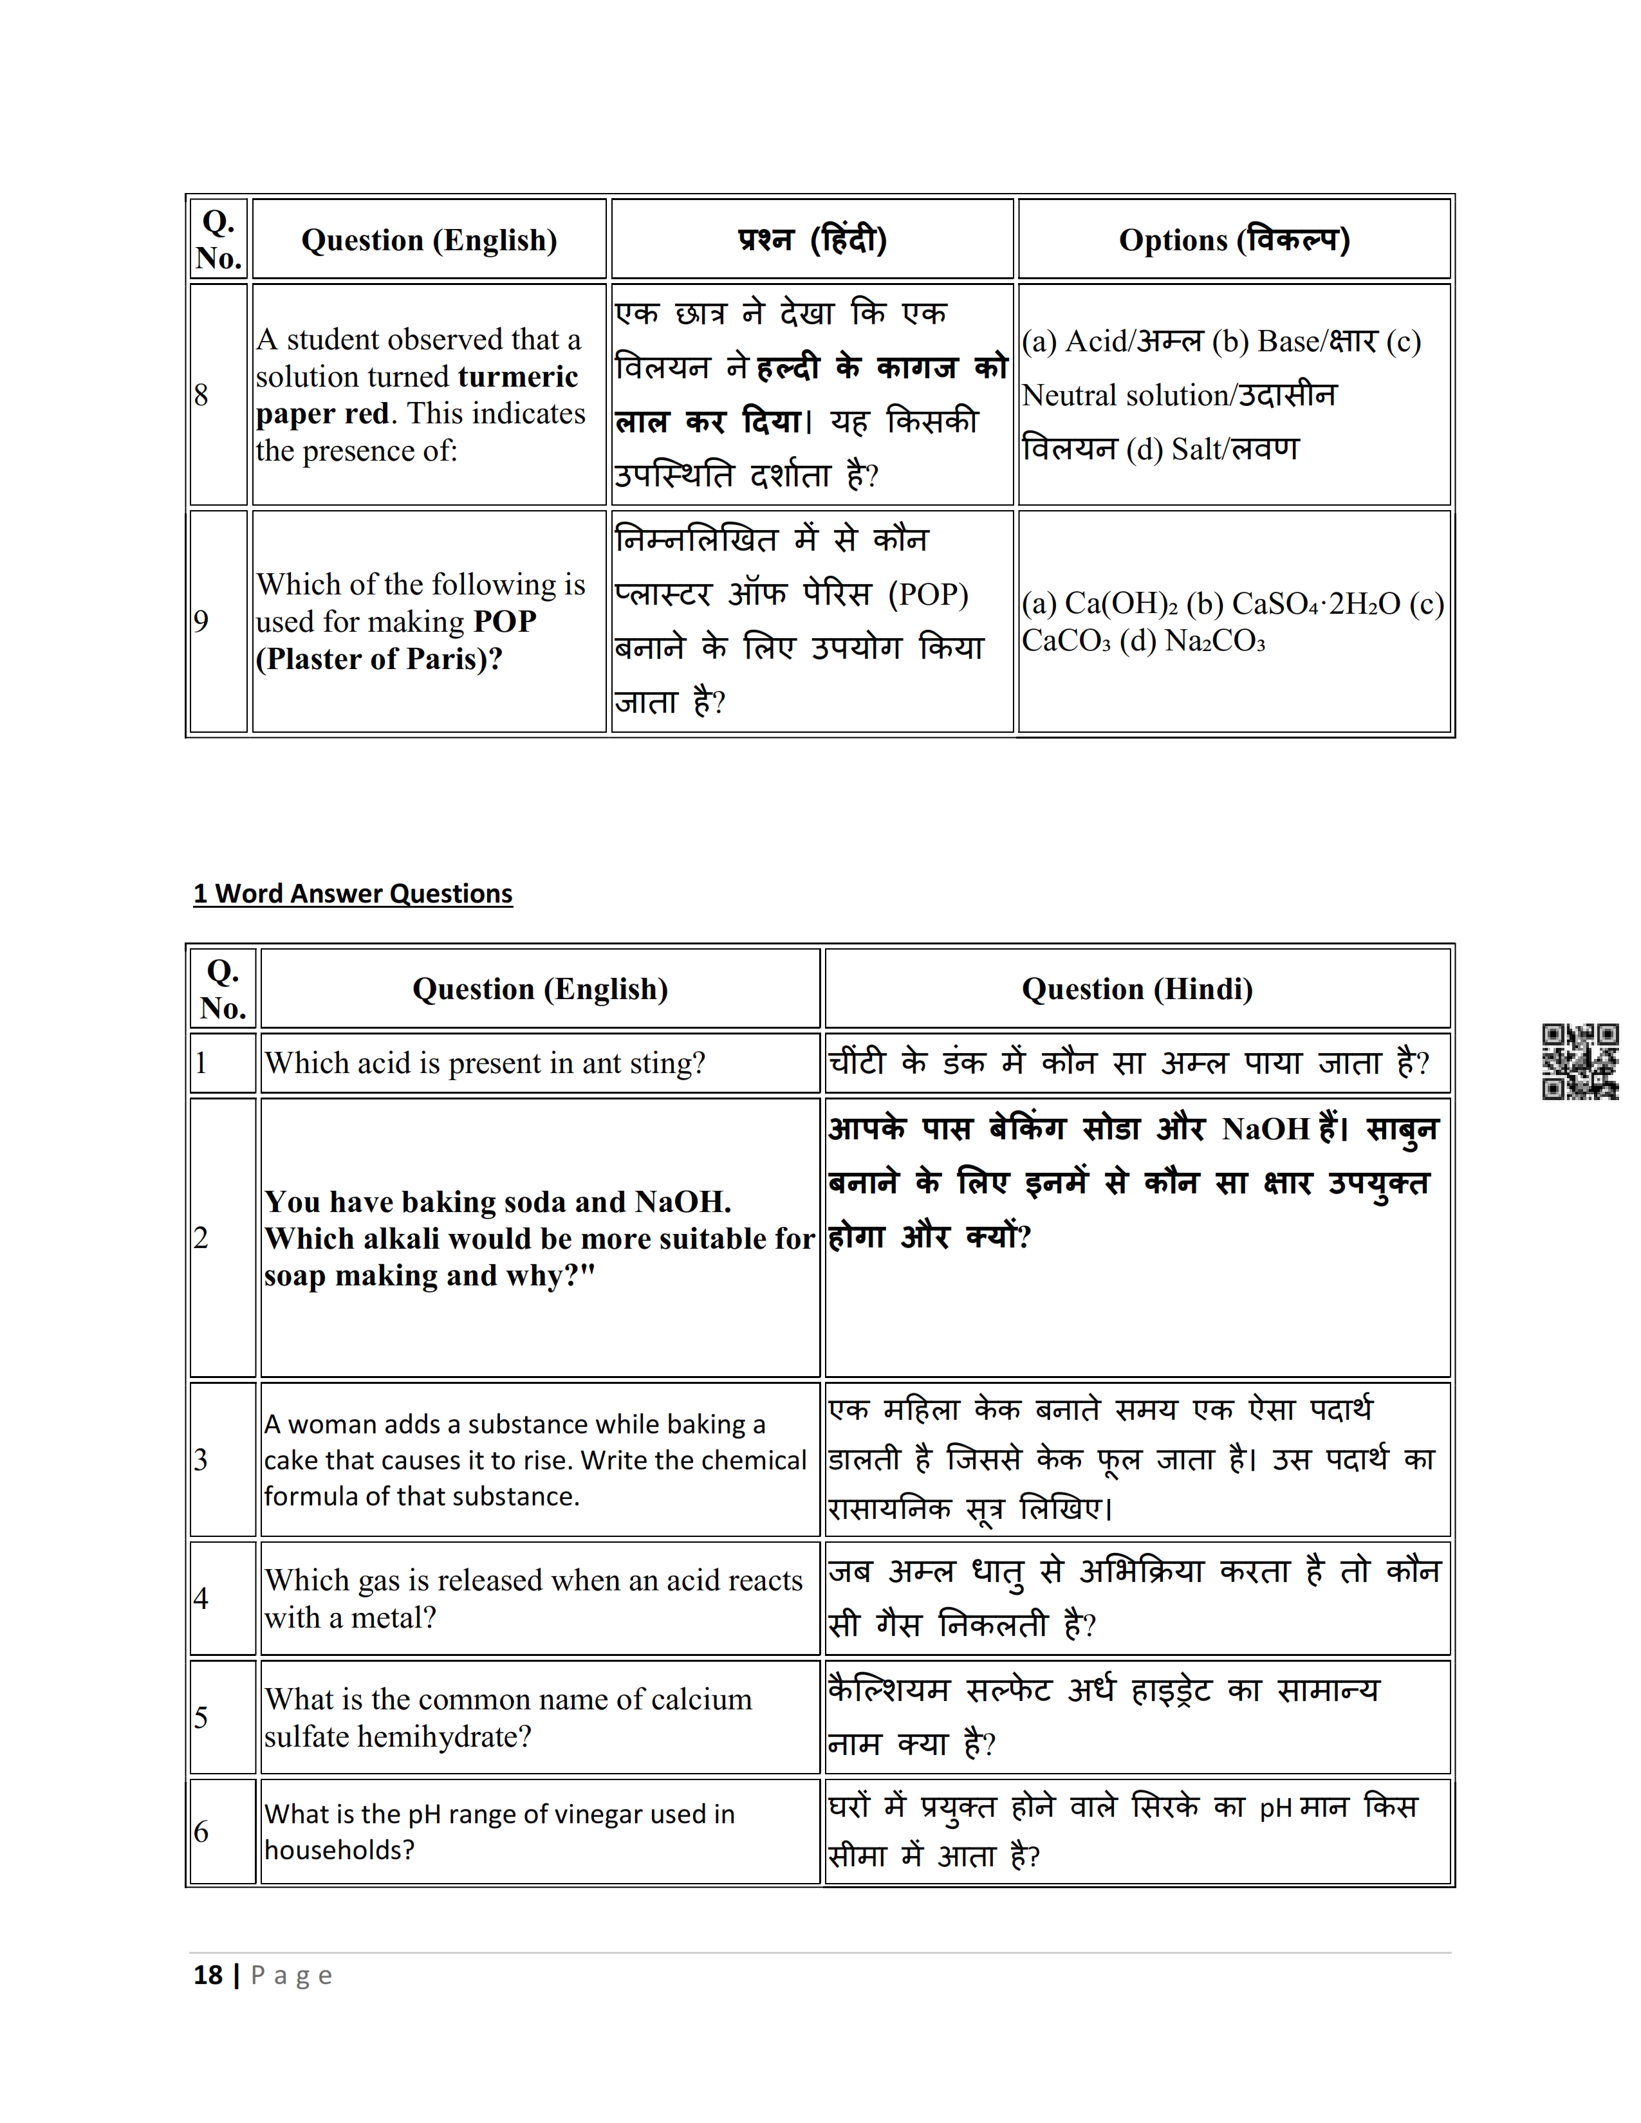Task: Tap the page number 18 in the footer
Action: pyautogui.click(x=208, y=1975)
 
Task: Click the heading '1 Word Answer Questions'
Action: pyautogui.click(x=353, y=894)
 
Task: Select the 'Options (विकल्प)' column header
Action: pyautogui.click(x=1234, y=240)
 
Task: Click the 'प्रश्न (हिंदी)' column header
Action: pyautogui.click(x=811, y=240)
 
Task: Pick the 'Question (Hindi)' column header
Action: pyautogui.click(x=1136, y=989)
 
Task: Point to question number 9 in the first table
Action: pyautogui.click(x=201, y=621)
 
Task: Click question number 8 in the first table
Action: pyautogui.click(x=201, y=394)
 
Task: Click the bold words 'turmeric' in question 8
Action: pyautogui.click(x=517, y=376)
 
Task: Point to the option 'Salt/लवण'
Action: pyautogui.click(x=1235, y=449)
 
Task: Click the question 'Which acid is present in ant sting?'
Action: pyautogui.click(x=484, y=1063)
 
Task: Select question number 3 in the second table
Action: pyautogui.click(x=201, y=1459)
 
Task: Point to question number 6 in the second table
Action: pyautogui.click(x=201, y=1832)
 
